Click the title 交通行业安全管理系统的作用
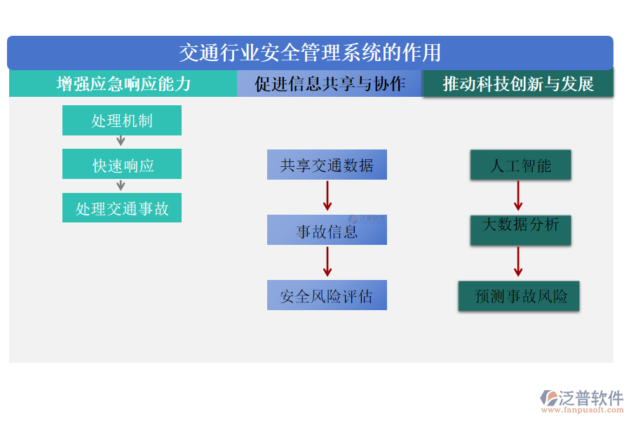pyautogui.click(x=310, y=53)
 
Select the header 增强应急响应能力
pyautogui.click(x=123, y=84)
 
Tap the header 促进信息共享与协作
pyautogui.click(x=330, y=84)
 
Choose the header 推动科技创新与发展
pyautogui.click(x=518, y=84)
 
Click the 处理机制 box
pyautogui.click(x=122, y=121)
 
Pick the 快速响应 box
pyautogui.click(x=122, y=166)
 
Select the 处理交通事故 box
pyautogui.click(x=122, y=208)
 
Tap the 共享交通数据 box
pyautogui.click(x=327, y=166)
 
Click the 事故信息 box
pyautogui.click(x=327, y=230)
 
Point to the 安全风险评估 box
pyautogui.click(x=327, y=295)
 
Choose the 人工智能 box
pyautogui.click(x=520, y=166)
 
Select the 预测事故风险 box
pyautogui.click(x=519, y=296)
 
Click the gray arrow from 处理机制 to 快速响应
pyautogui.click(x=121, y=141)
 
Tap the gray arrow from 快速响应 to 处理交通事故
pyautogui.click(x=121, y=185)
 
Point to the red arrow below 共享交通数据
pyautogui.click(x=327, y=196)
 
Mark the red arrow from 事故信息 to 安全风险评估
pyautogui.click(x=327, y=262)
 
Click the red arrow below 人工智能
pyautogui.click(x=518, y=196)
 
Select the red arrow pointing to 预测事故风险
pyautogui.click(x=518, y=262)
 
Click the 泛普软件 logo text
pyautogui.click(x=590, y=399)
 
